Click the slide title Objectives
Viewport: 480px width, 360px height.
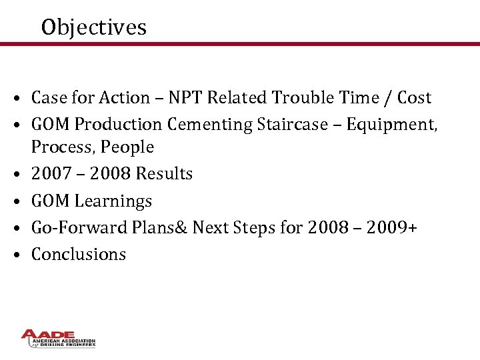click(x=93, y=27)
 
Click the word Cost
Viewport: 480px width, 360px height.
click(x=414, y=98)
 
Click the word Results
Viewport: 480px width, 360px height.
click(x=164, y=174)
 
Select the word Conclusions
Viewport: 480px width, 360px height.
click(x=79, y=254)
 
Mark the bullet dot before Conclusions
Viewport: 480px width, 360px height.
click(x=23, y=255)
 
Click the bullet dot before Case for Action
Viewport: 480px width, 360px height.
click(x=23, y=99)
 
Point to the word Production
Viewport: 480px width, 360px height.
click(x=118, y=125)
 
